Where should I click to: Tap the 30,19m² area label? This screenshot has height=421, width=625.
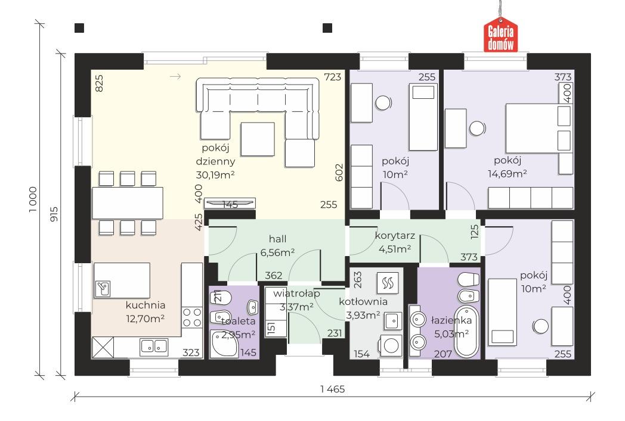215,174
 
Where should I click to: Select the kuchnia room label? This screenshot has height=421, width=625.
146,305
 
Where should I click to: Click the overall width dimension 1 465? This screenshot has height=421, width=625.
332,389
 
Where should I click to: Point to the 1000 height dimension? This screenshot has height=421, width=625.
33,199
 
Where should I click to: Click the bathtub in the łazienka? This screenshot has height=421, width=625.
467,331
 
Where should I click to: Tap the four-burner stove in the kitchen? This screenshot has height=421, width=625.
191,317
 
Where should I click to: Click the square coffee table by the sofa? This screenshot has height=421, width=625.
258,139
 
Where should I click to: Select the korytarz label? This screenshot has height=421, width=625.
395,236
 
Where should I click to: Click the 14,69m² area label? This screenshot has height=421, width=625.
508,173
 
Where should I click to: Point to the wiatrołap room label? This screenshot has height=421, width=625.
296,294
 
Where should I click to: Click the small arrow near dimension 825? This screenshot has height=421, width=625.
175,76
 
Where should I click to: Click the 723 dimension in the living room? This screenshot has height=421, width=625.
332,77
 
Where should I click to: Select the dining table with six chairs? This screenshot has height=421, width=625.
128,203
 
